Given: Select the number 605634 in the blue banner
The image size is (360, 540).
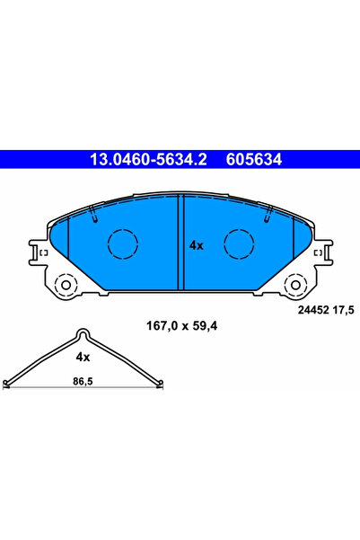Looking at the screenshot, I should pyautogui.click(x=254, y=161).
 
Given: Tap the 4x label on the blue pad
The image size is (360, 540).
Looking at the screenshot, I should pyautogui.click(x=197, y=244).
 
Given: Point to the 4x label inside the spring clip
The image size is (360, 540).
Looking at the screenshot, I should pyautogui.click(x=83, y=357).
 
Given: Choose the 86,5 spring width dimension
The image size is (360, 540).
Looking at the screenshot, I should pyautogui.click(x=83, y=382).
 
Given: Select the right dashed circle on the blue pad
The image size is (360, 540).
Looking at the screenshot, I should pyautogui.click(x=239, y=243).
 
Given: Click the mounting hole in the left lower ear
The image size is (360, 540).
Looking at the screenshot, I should pyautogui.click(x=66, y=286).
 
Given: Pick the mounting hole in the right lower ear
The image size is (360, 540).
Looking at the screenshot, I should pyautogui.click(x=295, y=286).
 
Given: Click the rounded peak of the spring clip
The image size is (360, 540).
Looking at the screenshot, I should pyautogui.click(x=83, y=334).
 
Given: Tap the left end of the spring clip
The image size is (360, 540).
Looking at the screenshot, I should pyautogui.click(x=6, y=384).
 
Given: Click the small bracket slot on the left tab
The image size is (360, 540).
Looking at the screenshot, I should pyautogui.click(x=39, y=255).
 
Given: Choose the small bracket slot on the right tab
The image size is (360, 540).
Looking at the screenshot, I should pyautogui.click(x=321, y=255).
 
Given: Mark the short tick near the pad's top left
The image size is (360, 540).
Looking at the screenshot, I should pyautogui.click(x=93, y=214).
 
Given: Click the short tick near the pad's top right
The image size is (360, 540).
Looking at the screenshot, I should pyautogui.click(x=268, y=214).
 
